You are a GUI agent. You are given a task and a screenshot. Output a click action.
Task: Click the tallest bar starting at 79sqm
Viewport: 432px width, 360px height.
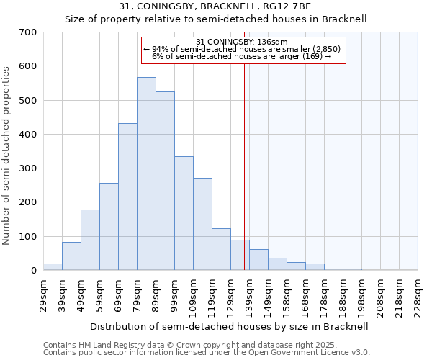pyautogui.click(x=146, y=174)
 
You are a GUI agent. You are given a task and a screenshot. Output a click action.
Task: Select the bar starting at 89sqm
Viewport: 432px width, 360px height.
pyautogui.click(x=165, y=181)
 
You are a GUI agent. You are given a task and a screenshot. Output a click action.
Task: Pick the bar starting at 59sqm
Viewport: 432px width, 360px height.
pyautogui.click(x=109, y=227)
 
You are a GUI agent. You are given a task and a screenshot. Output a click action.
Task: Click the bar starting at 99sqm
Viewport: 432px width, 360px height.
pyautogui.click(x=184, y=213)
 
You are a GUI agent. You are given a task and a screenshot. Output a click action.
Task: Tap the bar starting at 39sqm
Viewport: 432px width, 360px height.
pyautogui.click(x=71, y=256)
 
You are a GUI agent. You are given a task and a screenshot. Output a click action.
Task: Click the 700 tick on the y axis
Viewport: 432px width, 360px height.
pyautogui.click(x=28, y=32)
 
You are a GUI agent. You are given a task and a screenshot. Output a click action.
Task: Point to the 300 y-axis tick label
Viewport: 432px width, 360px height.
pyautogui.click(x=28, y=168)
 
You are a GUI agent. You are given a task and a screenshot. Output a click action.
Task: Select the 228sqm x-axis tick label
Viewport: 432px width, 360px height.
pyautogui.click(x=418, y=296)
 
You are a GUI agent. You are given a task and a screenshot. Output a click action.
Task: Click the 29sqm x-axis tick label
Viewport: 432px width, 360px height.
pyautogui.click(x=44, y=296)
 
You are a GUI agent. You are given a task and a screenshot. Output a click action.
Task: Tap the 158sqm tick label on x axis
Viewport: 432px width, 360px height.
pyautogui.click(x=287, y=296)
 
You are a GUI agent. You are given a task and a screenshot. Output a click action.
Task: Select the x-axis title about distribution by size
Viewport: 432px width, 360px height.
pyautogui.click(x=230, y=326)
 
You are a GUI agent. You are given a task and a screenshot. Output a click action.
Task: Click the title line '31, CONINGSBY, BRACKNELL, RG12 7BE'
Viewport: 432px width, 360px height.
pyautogui.click(x=216, y=6)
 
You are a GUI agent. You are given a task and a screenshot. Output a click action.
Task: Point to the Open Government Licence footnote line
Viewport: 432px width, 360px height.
pyautogui.click(x=207, y=352)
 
